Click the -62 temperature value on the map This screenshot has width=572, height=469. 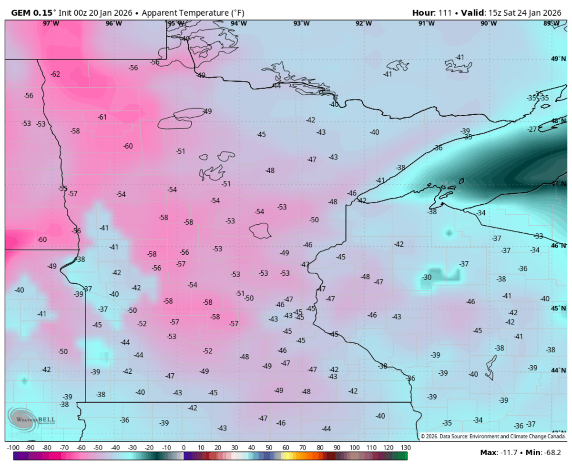pos(55,74)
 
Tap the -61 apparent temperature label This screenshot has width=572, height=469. pos(102,117)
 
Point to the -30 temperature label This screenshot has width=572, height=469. pos(427,277)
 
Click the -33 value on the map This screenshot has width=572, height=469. pos(539,236)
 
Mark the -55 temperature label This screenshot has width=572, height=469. pos(62,188)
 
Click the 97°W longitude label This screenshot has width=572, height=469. pos(51,23)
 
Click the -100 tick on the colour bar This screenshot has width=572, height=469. pos(13,448)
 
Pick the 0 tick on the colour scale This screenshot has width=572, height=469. pos(184,448)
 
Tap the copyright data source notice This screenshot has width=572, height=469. pos(493,436)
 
